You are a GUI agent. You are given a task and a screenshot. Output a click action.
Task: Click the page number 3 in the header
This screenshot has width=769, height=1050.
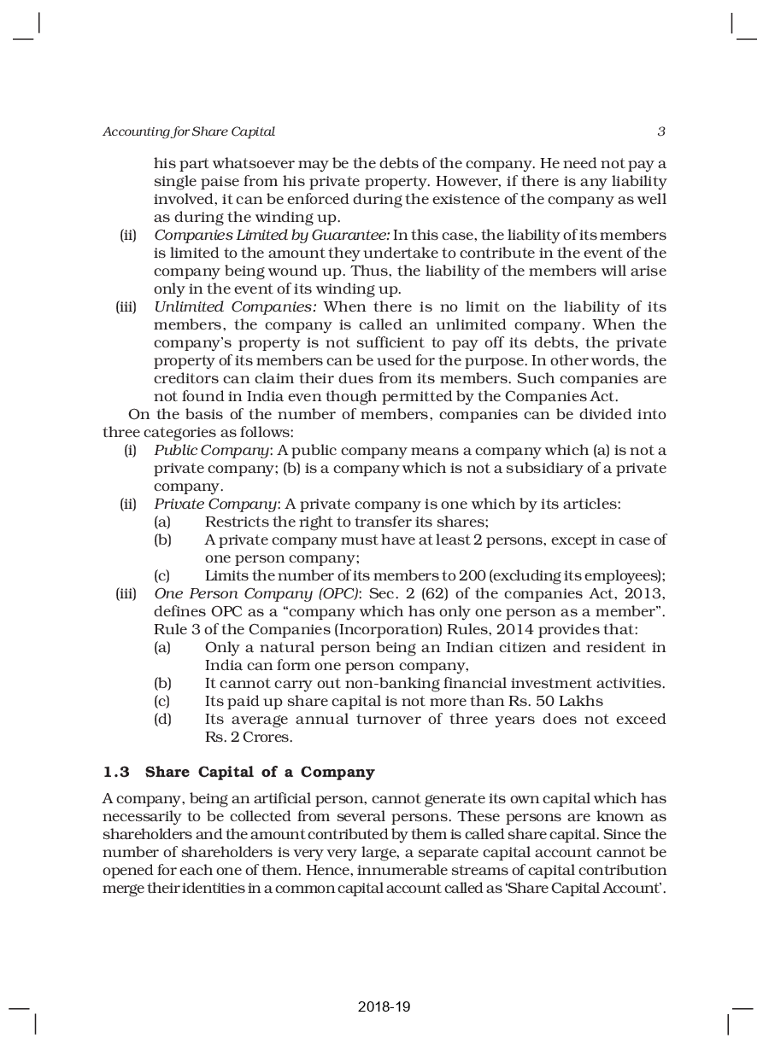point(661,131)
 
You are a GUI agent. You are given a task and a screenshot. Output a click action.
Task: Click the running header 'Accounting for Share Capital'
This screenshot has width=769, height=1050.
point(189,131)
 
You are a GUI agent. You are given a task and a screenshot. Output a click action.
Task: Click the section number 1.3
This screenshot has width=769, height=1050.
point(116,772)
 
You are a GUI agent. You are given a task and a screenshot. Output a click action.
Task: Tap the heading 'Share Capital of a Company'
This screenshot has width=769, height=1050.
point(260,772)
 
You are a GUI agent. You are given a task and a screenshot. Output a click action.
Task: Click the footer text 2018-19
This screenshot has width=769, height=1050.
point(384,1007)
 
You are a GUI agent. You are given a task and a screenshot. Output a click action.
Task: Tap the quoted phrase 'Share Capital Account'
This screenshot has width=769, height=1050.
point(590,887)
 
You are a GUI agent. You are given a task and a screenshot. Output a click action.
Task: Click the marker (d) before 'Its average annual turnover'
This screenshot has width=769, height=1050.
point(162,719)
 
